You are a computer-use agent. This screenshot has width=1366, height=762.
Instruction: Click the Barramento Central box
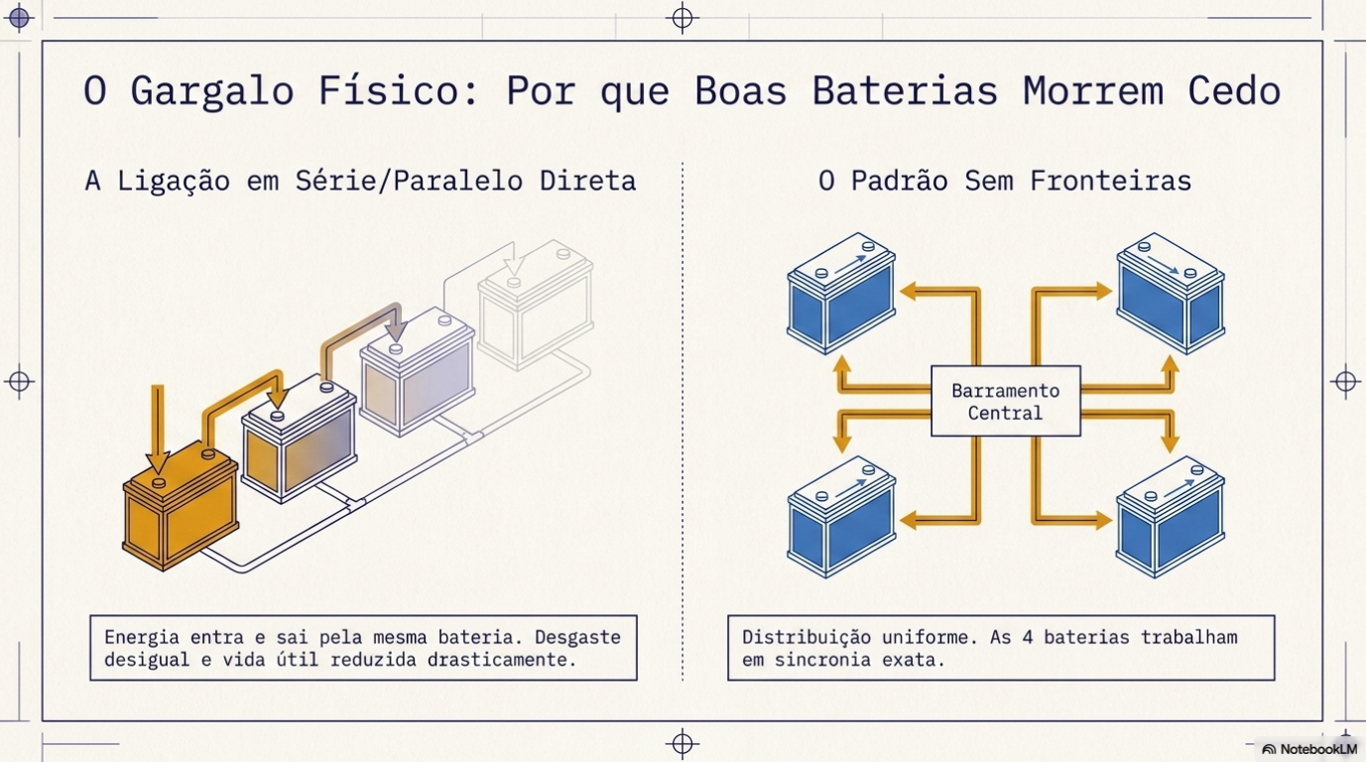[1005, 401]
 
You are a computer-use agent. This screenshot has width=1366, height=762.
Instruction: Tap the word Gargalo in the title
[211, 91]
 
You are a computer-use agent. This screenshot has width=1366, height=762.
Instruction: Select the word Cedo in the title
[1234, 91]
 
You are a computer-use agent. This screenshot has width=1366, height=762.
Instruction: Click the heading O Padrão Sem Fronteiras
[1004, 181]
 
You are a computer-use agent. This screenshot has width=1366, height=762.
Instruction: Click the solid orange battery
[181, 511]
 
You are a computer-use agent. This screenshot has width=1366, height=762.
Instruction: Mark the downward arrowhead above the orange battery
[158, 461]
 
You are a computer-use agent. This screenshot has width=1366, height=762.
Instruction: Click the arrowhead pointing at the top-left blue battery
[908, 291]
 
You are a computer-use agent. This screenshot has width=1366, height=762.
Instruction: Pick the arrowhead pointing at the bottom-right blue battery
[1102, 519]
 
